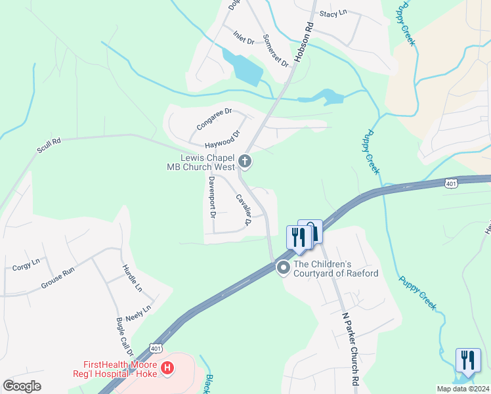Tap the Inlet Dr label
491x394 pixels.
243,41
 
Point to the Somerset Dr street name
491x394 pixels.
276,51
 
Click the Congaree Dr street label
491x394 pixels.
214,119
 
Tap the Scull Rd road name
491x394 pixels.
49,146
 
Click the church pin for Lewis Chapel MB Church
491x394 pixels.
245,161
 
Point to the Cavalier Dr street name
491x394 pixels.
244,209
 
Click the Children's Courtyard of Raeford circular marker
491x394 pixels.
284,267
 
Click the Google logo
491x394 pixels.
22,386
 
